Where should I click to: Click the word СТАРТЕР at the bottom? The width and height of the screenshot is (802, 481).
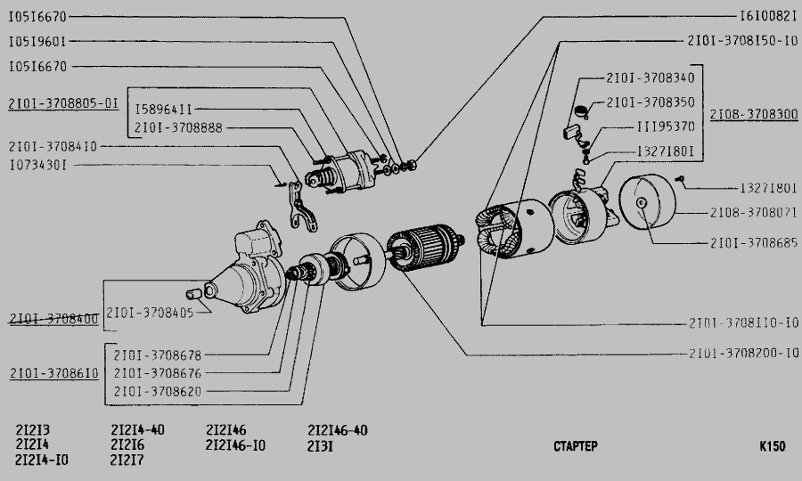pyautogui.click(x=576, y=446)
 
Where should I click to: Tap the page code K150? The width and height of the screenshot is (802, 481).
pyautogui.click(x=772, y=446)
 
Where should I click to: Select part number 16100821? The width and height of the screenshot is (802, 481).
pyautogui.click(x=768, y=16)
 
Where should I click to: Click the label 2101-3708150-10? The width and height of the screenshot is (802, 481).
pyautogui.click(x=742, y=41)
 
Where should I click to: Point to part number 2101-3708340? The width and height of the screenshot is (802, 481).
pyautogui.click(x=651, y=77)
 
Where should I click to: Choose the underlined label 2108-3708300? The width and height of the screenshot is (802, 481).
pyautogui.click(x=754, y=114)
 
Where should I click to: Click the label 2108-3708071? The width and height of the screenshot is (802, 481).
pyautogui.click(x=753, y=212)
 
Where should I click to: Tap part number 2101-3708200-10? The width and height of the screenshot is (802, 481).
pyautogui.click(x=743, y=354)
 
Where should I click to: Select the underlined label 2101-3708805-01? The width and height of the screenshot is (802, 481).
pyautogui.click(x=63, y=103)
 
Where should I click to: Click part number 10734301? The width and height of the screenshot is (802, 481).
pyautogui.click(x=37, y=165)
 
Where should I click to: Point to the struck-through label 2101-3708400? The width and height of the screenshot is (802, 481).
pyautogui.click(x=53, y=320)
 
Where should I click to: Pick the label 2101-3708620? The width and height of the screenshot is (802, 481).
pyautogui.click(x=158, y=392)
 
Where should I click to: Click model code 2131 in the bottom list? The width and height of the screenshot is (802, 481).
pyautogui.click(x=320, y=446)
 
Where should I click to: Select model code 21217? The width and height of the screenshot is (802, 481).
pyautogui.click(x=127, y=460)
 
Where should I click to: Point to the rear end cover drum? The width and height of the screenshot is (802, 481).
pyautogui.click(x=647, y=201)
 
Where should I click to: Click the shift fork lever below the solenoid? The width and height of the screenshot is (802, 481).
pyautogui.click(x=301, y=206)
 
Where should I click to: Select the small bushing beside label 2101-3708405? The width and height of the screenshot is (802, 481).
pyautogui.click(x=192, y=294)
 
